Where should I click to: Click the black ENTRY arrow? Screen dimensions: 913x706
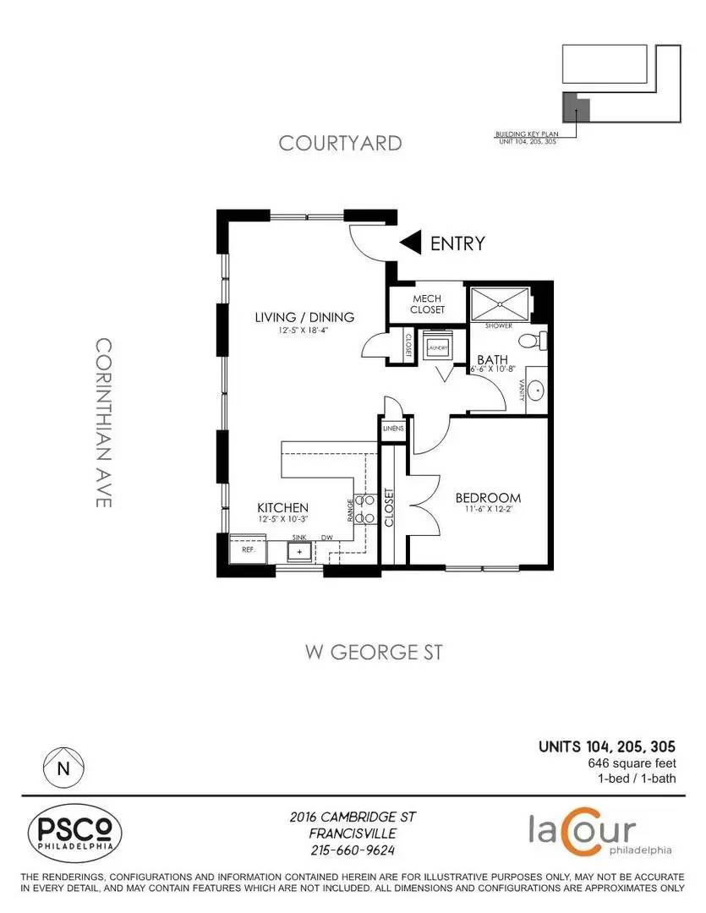411,243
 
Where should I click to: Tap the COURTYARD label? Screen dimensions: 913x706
340,143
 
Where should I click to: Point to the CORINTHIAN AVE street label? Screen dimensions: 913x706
103,423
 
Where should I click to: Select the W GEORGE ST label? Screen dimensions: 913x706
373,652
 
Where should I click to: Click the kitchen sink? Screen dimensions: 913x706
298,551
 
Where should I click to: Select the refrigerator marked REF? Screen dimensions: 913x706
249,549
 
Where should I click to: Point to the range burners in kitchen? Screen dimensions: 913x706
364,509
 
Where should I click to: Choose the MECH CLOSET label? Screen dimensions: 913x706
429,304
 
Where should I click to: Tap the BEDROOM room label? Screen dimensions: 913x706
488,498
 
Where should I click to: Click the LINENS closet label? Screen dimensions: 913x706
394,429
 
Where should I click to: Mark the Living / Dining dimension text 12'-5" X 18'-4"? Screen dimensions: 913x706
304,331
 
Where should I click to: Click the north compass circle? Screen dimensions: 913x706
63,768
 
